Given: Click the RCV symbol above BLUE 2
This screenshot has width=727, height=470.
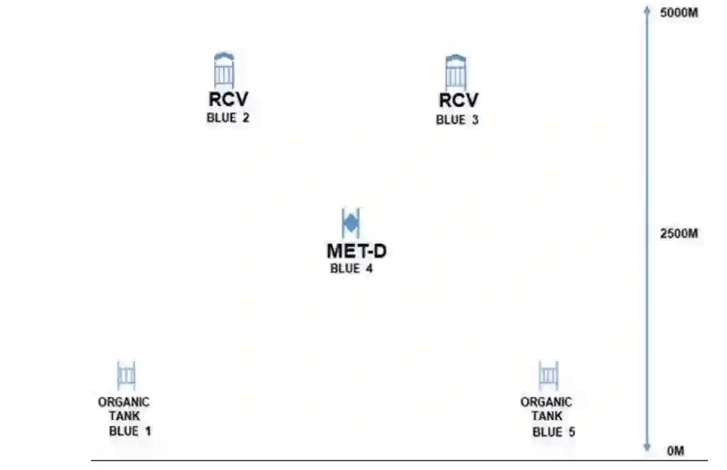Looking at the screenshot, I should (x=224, y=71).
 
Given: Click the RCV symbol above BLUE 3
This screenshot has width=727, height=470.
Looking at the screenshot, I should (x=456, y=72).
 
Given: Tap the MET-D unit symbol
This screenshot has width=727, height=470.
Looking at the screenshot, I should (x=351, y=222).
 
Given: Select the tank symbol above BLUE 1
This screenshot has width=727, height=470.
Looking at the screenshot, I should (x=126, y=375).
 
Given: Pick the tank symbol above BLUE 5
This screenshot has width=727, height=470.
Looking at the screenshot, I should (x=547, y=375).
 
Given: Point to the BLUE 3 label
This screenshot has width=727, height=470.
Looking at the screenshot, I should (x=457, y=120).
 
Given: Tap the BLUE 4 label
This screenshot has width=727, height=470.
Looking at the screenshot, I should (x=351, y=269).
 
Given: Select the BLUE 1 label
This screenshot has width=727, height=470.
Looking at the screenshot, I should (x=130, y=431).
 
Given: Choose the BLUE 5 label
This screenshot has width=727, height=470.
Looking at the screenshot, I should (x=553, y=432).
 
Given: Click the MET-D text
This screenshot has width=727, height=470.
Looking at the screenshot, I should (x=357, y=251).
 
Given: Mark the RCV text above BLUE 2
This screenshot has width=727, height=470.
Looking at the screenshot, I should (x=224, y=101).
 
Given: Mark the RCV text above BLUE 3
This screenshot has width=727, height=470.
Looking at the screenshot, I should (x=459, y=101).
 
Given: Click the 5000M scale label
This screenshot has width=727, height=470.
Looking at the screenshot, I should (x=679, y=14).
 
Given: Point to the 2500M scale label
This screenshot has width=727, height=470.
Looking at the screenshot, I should (x=679, y=234).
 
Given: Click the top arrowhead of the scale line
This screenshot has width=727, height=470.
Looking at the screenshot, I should (x=647, y=10).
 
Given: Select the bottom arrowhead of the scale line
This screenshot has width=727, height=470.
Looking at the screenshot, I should (x=647, y=448).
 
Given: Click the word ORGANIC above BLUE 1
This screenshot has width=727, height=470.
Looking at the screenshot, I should (x=123, y=402).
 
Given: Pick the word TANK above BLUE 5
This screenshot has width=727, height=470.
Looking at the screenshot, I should (x=546, y=416).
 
